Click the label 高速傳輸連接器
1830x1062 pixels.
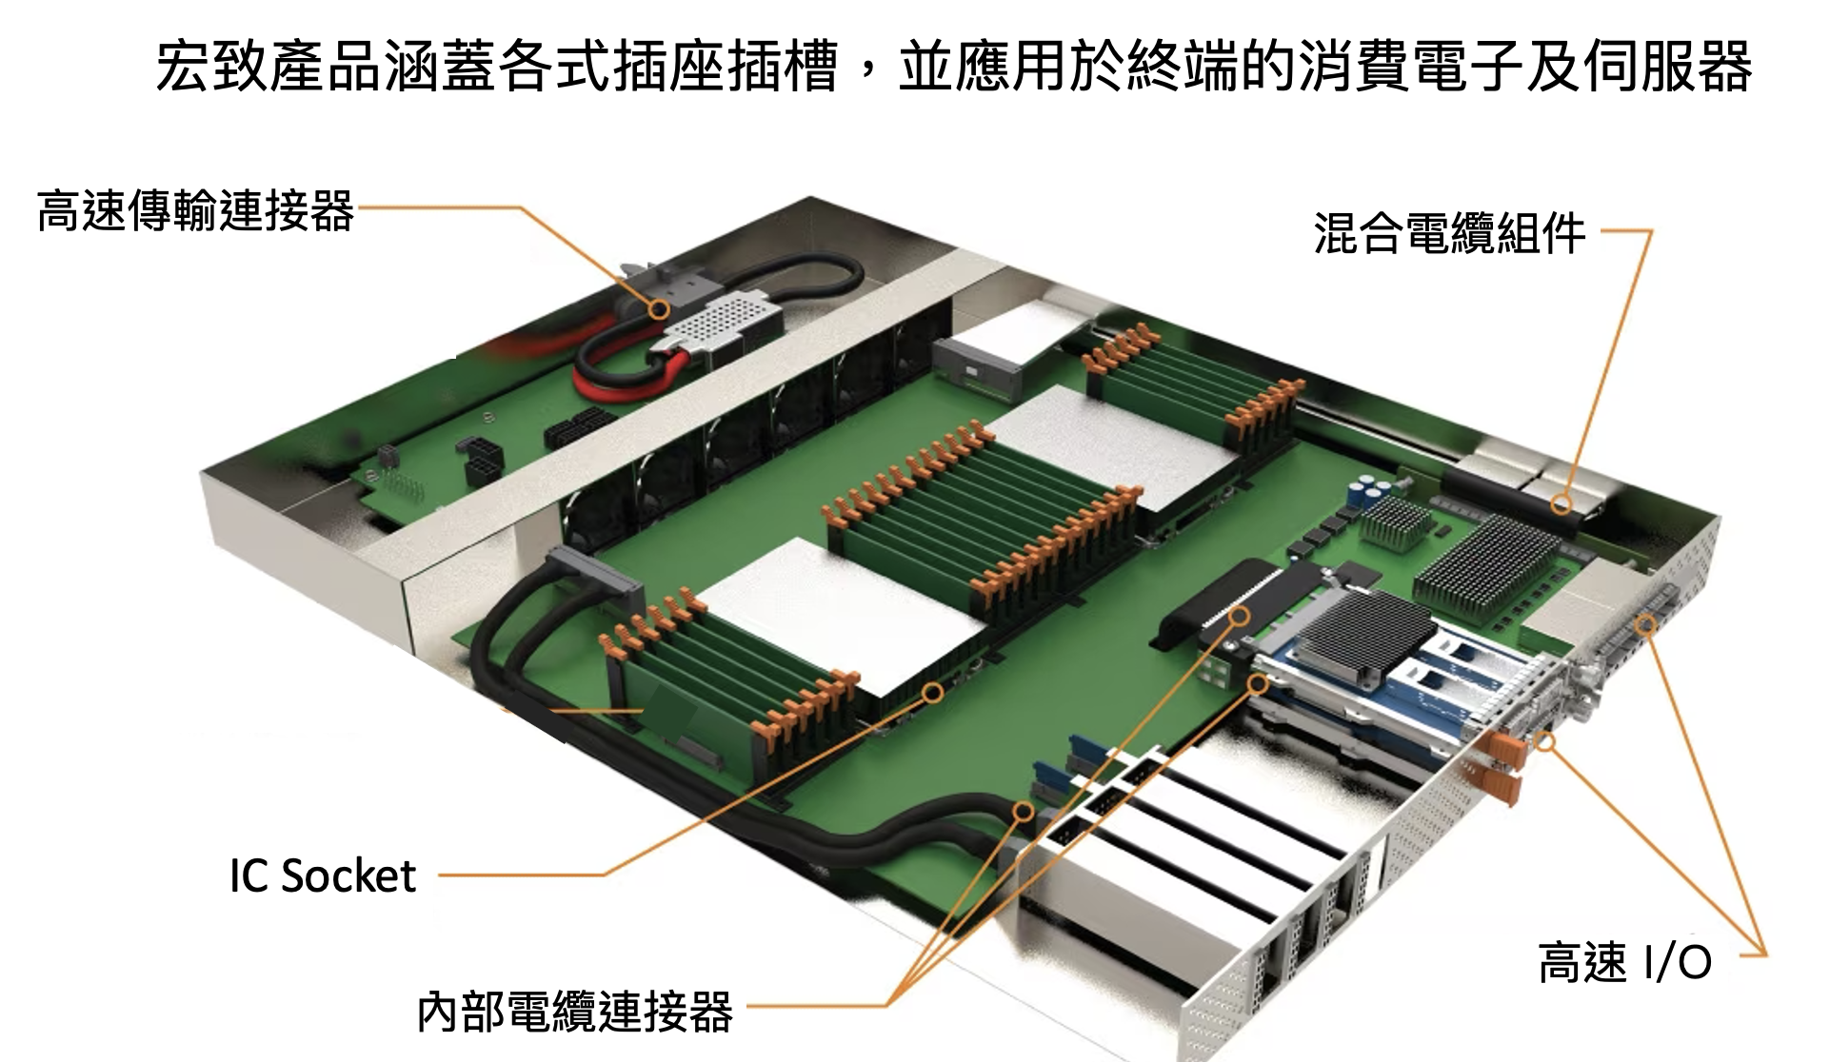[x=195, y=210]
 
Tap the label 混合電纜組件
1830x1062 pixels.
[x=1449, y=233]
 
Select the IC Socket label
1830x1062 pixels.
[x=323, y=875]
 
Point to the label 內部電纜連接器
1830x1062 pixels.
[x=575, y=1011]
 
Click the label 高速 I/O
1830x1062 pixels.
[x=1625, y=962]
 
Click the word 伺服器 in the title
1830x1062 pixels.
[x=1667, y=67]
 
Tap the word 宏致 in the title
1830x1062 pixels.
[x=211, y=67]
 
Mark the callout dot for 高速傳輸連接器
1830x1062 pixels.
[x=658, y=308]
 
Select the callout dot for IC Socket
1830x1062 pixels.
[x=933, y=692]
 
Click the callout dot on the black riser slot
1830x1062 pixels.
[x=1240, y=617]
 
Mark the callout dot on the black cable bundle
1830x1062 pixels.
[x=1023, y=812]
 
